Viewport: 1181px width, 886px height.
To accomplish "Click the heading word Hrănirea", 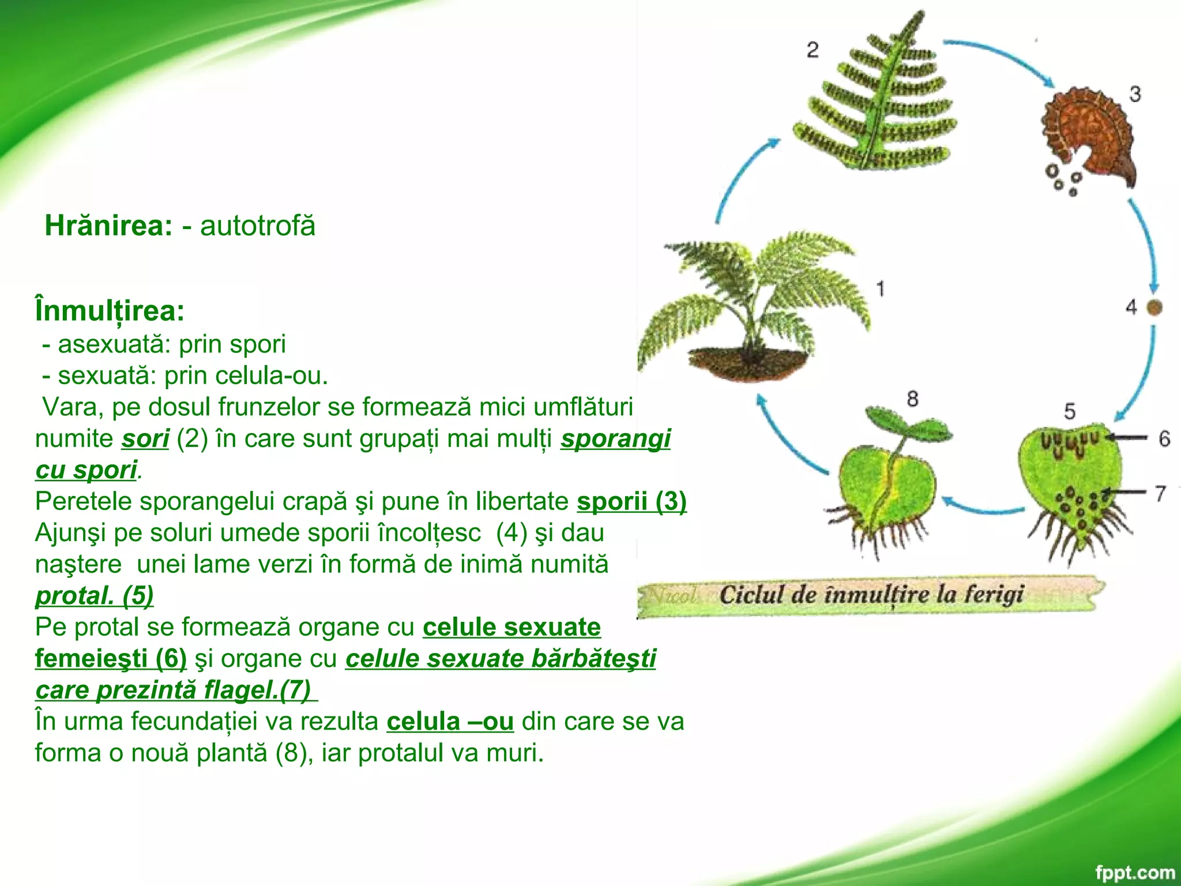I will point(108,226).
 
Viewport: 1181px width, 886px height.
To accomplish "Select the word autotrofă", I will point(258,226).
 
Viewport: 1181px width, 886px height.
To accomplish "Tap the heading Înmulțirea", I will point(110,311).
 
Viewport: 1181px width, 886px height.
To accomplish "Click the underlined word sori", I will point(145,439).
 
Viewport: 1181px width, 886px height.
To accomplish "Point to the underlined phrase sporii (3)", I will point(631,501).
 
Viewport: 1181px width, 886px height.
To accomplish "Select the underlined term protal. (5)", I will point(94,596).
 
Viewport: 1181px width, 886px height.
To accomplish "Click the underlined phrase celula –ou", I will point(450,722).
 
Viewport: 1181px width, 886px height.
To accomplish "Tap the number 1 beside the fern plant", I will point(880,288).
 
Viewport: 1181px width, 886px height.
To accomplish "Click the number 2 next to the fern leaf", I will point(813,50).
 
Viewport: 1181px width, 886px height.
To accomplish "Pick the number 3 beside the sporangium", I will point(1134,93).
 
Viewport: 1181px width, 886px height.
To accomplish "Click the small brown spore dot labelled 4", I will point(1154,307).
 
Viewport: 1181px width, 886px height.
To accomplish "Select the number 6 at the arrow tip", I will point(1164,439).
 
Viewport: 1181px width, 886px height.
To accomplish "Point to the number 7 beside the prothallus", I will point(1160,494).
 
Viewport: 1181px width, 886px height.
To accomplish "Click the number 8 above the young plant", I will point(912,398).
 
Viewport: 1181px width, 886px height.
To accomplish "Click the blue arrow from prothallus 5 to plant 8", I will point(983,507).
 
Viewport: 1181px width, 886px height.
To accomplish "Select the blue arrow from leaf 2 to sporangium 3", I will point(1003,58).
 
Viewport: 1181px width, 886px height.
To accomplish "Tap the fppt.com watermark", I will point(1134,872).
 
